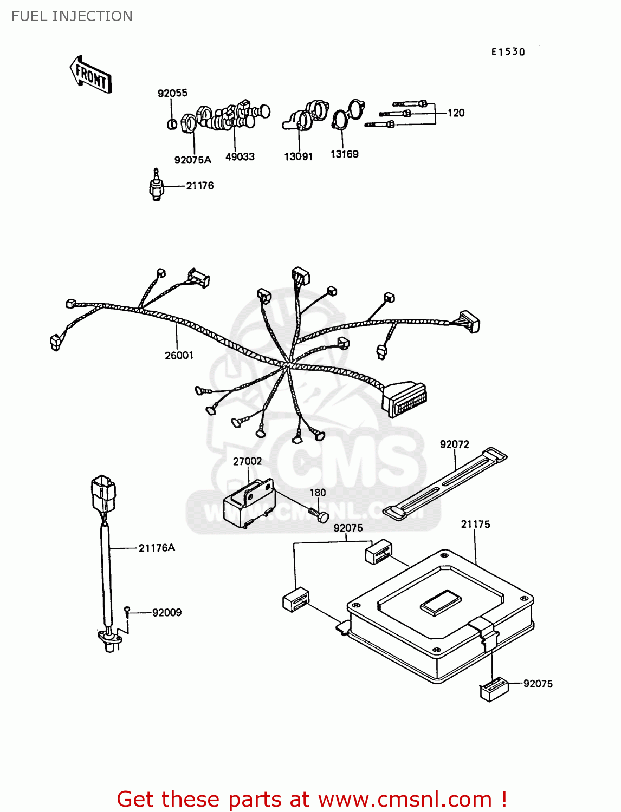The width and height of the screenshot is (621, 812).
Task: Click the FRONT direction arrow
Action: pos(90,75)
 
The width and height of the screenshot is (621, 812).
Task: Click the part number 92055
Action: pos(172,93)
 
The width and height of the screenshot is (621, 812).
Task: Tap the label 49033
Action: pos(240,157)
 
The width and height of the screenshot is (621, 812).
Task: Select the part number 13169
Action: pos(345,154)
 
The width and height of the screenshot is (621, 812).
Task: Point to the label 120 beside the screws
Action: pos(456,113)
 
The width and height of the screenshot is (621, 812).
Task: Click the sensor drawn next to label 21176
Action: pos(157,186)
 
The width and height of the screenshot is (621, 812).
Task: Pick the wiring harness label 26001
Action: pos(179,356)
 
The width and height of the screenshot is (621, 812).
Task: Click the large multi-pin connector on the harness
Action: pos(405,400)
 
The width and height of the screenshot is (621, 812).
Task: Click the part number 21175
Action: pos(475,525)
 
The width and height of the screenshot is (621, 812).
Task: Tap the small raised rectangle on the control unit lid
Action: pos(441,603)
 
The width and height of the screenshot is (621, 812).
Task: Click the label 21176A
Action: pos(157,548)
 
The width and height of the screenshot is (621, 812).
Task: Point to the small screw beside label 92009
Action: pos(127,611)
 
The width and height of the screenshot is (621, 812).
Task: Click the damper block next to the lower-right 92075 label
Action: pos(494,690)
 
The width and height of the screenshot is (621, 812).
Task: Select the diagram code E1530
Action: pos(508,52)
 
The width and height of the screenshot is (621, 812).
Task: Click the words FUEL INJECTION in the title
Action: pos(72,16)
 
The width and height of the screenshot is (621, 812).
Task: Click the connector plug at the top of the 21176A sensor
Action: pos(104,492)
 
